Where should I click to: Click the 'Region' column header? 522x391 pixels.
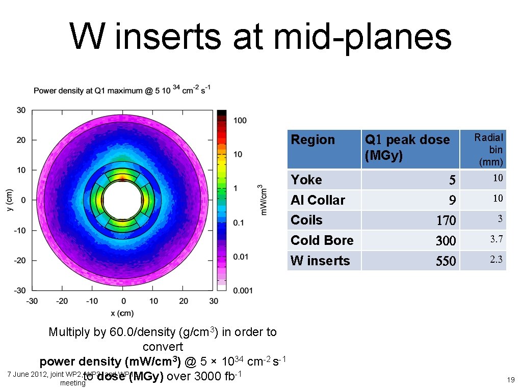[x=313, y=140]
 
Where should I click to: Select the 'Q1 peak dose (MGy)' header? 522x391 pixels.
[x=407, y=147]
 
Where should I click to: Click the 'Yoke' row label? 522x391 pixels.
[x=306, y=180]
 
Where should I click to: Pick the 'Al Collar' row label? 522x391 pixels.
[x=318, y=200]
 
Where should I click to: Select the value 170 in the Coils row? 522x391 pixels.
[x=446, y=220]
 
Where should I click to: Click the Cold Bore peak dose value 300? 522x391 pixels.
[x=446, y=241]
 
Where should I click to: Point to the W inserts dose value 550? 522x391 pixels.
[x=446, y=261]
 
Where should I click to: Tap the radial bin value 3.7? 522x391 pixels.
[x=496, y=239]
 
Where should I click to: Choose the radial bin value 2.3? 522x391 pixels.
[x=496, y=260]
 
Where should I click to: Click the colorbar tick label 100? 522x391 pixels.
[x=240, y=121]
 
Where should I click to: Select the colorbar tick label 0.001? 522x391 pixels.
[x=243, y=291]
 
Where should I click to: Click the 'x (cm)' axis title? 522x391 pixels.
[x=122, y=313]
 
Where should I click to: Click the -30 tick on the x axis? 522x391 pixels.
[x=32, y=301]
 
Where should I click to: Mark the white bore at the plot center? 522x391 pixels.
[x=122, y=200]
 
